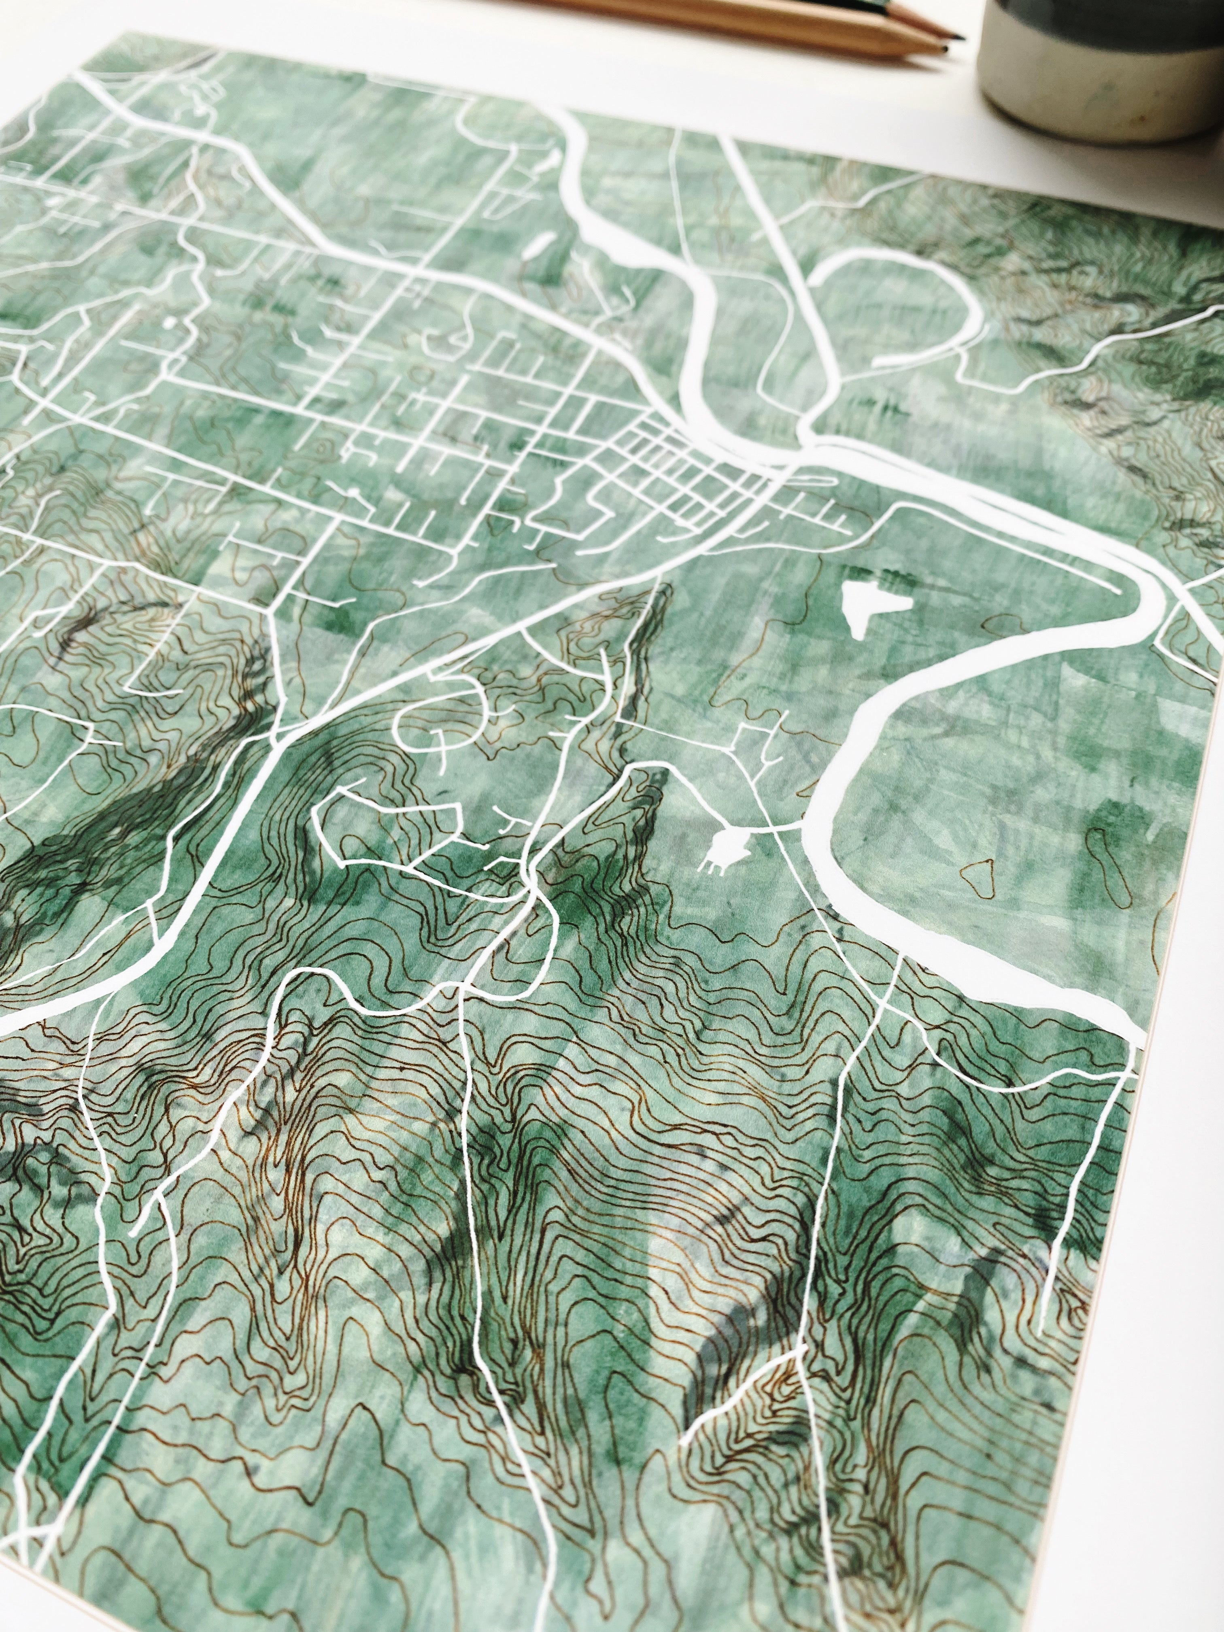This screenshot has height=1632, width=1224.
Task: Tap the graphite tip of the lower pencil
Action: (943, 49)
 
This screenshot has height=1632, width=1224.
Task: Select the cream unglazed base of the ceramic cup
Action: (1092, 103)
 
